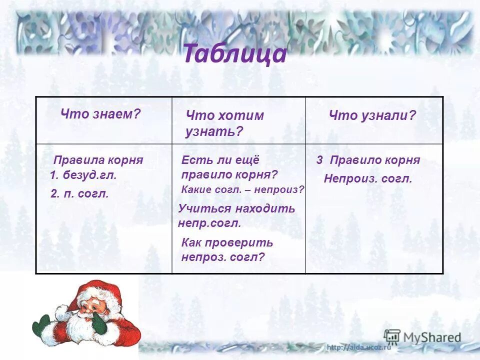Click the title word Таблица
pyautogui.click(x=235, y=54)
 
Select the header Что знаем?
pyautogui.click(x=100, y=114)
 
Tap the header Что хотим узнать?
pyautogui.click(x=224, y=123)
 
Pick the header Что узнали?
pyautogui.click(x=372, y=115)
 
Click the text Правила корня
pyautogui.click(x=98, y=160)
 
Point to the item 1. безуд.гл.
pyautogui.click(x=83, y=175)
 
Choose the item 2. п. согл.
pyautogui.click(x=79, y=193)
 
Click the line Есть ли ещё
pyautogui.click(x=220, y=160)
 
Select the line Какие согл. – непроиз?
pyautogui.click(x=242, y=189)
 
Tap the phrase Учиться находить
pyautogui.click(x=236, y=208)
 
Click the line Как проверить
pyautogui.click(x=227, y=243)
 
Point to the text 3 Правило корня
pyautogui.click(x=367, y=160)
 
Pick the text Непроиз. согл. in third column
pyautogui.click(x=367, y=178)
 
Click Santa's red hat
pyautogui.click(x=100, y=292)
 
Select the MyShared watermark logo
pyautogui.click(x=422, y=337)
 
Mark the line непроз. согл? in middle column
pyautogui.click(x=222, y=257)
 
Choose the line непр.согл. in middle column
pyautogui.click(x=209, y=223)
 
